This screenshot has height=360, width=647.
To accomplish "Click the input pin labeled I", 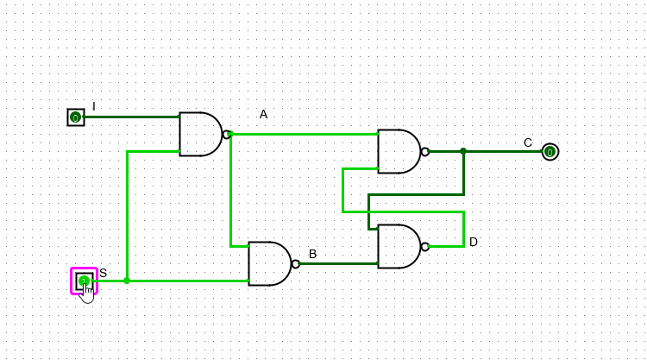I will pyautogui.click(x=76, y=117).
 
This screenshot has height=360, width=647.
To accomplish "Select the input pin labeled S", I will pyautogui.click(x=84, y=281).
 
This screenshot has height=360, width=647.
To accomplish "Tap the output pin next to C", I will pyautogui.click(x=550, y=152).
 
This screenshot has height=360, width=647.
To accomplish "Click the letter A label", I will pyautogui.click(x=264, y=114).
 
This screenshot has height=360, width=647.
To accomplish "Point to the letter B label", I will pyautogui.click(x=313, y=254).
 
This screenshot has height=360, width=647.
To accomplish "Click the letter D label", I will pyautogui.click(x=474, y=242).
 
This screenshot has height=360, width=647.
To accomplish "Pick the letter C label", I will pyautogui.click(x=528, y=142).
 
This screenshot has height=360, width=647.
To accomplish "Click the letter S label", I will pyautogui.click(x=104, y=273).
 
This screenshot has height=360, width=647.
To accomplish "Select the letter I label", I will pyautogui.click(x=94, y=106).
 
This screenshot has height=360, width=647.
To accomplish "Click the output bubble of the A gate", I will pyautogui.click(x=227, y=134).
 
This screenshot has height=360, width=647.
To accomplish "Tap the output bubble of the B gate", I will pyautogui.click(x=296, y=263).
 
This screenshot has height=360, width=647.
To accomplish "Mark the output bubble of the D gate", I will pyautogui.click(x=425, y=246).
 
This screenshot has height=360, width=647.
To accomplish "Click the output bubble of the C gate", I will pyautogui.click(x=425, y=151).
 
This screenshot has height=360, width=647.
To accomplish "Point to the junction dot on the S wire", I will pyautogui.click(x=127, y=281).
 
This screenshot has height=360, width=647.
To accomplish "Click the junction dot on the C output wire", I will pyautogui.click(x=463, y=151).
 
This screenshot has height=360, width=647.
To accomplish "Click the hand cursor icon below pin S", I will pyautogui.click(x=87, y=294).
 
